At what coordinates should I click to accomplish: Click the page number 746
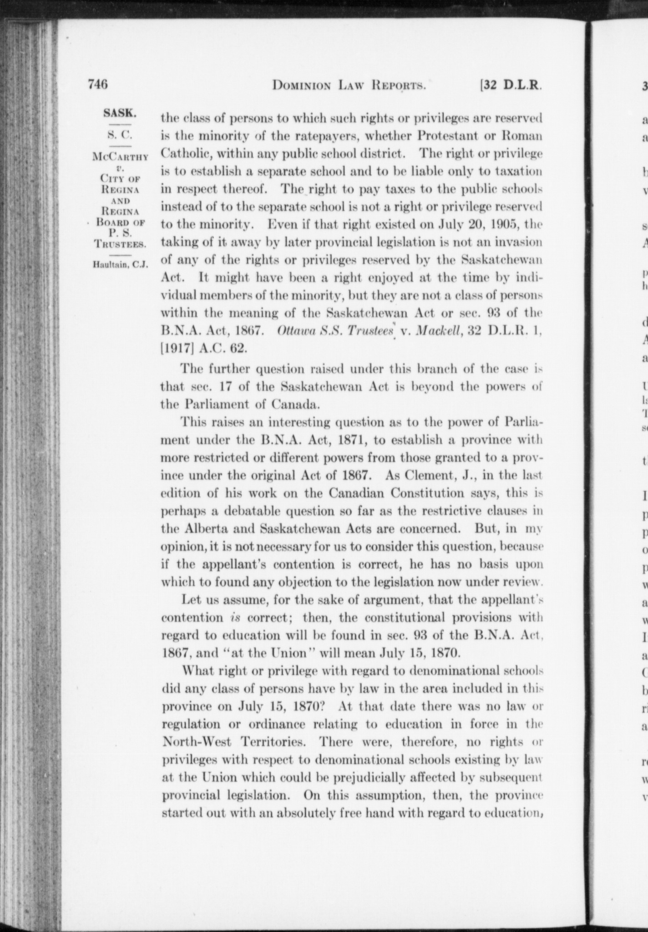[98, 84]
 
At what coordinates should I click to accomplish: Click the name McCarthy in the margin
[120, 157]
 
